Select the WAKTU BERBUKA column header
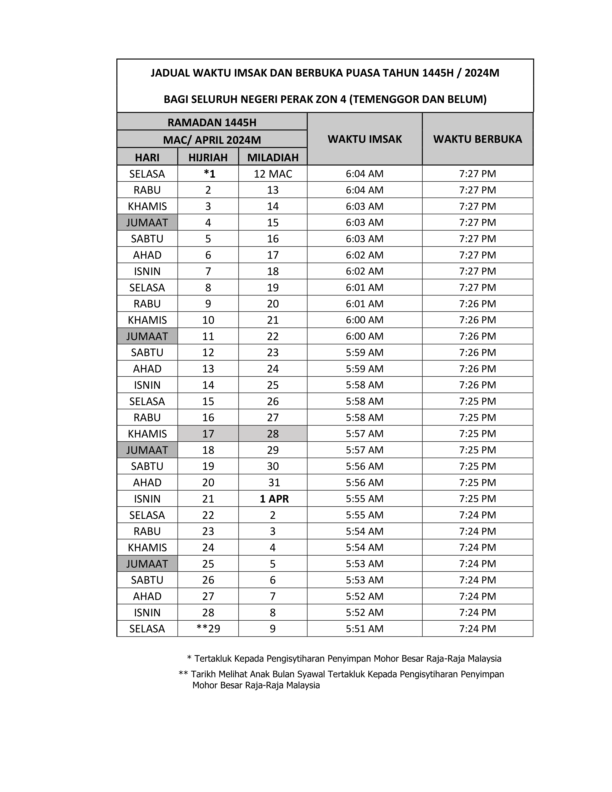click(x=478, y=139)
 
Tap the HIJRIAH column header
click(x=208, y=157)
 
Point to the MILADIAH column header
click(x=273, y=157)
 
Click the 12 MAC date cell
click(x=273, y=174)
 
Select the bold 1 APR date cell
click(x=274, y=499)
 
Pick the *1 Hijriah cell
click(x=209, y=174)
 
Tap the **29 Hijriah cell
click(x=208, y=629)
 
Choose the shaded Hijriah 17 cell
click(x=208, y=434)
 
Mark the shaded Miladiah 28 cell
click(x=273, y=434)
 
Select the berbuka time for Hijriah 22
click(x=478, y=515)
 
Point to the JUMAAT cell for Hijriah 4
click(x=147, y=222)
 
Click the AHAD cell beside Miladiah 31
click(x=147, y=483)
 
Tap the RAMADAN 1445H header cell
click(x=212, y=122)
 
